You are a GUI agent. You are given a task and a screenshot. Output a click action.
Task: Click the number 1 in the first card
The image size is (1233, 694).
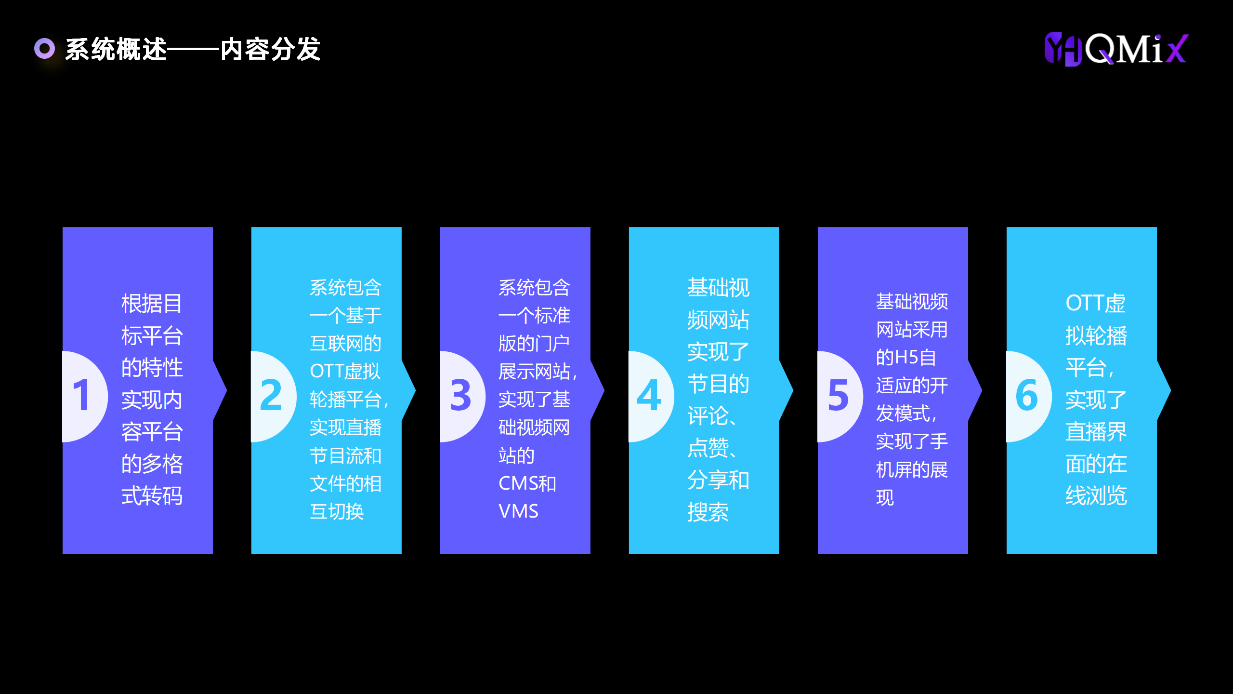point(81,395)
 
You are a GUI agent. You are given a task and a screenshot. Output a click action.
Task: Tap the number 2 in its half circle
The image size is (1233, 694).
point(271,395)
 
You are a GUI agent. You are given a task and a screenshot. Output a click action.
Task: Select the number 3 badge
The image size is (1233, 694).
point(460,395)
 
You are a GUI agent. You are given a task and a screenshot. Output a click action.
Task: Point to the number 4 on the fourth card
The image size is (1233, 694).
point(649,395)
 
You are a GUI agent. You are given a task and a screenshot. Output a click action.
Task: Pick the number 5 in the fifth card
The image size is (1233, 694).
point(838,395)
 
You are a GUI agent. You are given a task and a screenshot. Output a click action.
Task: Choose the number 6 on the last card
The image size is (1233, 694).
point(1026,395)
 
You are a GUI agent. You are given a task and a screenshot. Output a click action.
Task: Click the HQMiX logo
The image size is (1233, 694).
point(1116,49)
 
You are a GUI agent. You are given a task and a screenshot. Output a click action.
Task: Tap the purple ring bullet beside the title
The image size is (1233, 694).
point(45,49)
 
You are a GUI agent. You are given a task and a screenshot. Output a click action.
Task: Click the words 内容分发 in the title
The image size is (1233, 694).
point(270,49)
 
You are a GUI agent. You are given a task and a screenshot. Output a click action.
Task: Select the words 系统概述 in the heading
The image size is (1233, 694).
point(116,49)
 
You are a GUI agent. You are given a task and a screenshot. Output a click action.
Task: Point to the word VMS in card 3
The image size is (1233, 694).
point(518,511)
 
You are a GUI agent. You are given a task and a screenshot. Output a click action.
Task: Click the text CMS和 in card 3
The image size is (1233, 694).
point(527,483)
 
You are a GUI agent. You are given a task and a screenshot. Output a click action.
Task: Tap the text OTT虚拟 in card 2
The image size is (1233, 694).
point(345,371)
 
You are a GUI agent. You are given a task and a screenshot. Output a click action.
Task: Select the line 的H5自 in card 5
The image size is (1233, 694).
point(905,358)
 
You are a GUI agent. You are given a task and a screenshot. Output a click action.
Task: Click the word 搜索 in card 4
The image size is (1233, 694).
point(708,512)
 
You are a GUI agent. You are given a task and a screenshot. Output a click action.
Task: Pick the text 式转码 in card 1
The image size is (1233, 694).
point(152,495)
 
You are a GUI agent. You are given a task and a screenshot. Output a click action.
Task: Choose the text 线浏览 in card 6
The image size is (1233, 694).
point(1096,495)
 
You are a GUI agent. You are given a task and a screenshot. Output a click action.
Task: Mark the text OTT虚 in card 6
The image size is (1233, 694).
point(1095,303)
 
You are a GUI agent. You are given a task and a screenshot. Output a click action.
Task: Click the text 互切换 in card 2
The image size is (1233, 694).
point(336,511)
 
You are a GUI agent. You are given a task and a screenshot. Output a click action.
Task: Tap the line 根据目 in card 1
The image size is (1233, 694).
point(152,304)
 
